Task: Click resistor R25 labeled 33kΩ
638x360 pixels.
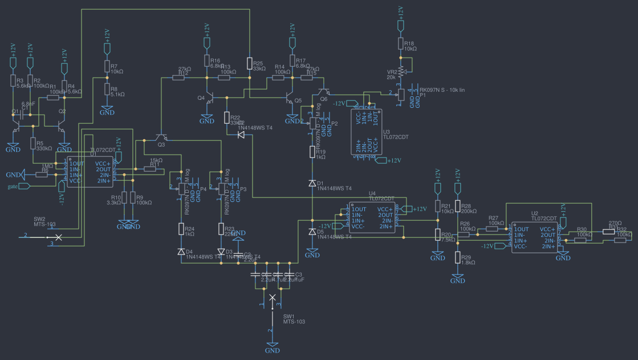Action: [x=249, y=63]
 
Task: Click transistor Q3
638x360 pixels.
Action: [x=161, y=137]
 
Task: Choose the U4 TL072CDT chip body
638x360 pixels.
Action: [x=371, y=217]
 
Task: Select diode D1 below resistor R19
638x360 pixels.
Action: [x=312, y=183]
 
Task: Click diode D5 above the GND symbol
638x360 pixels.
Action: [x=312, y=232]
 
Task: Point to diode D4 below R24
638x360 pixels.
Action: [x=181, y=252]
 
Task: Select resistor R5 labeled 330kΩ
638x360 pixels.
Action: [x=32, y=144]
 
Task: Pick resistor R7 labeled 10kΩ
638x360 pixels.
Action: [x=107, y=67]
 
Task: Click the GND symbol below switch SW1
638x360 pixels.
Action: [x=272, y=346]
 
